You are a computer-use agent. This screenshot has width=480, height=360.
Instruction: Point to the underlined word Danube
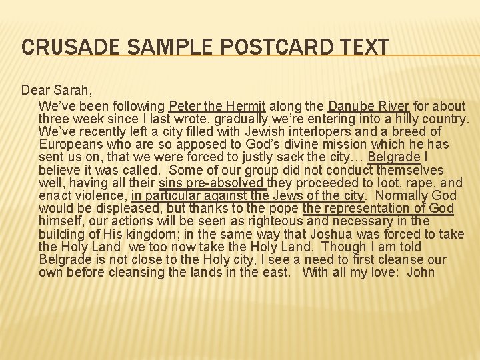coord(352,106)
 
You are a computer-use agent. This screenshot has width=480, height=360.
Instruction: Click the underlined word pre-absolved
coord(226,183)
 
